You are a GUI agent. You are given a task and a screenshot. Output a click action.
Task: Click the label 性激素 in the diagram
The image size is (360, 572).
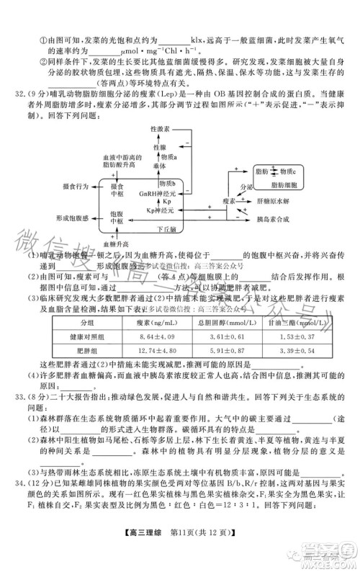point(161,128)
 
